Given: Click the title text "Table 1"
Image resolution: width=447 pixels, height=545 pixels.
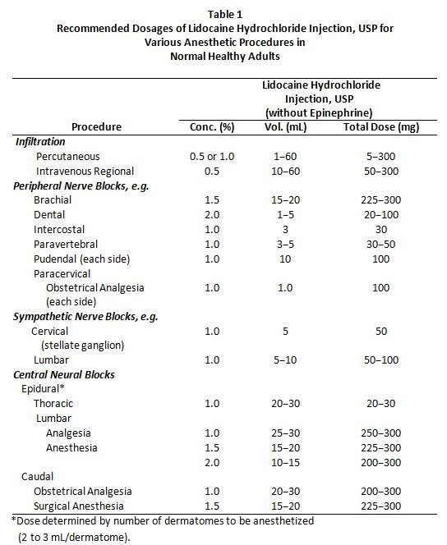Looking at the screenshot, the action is [x=225, y=14].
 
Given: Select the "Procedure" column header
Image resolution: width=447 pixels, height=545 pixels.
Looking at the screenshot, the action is [x=96, y=127].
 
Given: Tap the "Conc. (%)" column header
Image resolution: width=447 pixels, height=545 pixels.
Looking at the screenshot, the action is [x=212, y=127].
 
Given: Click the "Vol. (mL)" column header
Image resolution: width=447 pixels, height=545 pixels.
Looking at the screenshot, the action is [x=285, y=127].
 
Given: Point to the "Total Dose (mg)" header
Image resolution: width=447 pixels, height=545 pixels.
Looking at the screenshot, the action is [x=381, y=127].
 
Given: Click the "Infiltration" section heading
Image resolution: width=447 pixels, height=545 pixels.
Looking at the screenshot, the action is [x=40, y=142].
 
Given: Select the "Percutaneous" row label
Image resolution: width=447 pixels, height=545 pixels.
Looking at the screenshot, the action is [x=68, y=157].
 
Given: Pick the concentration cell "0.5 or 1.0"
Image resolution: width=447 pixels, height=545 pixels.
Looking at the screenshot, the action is [x=212, y=157].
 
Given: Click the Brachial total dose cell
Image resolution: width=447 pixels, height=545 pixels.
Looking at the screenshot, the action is [x=381, y=199].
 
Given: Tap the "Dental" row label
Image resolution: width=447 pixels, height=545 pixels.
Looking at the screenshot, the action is [x=49, y=214].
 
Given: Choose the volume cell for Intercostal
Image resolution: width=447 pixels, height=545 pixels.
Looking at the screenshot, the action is [x=285, y=229].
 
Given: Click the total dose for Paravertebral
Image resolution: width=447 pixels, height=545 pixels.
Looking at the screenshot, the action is [x=381, y=245].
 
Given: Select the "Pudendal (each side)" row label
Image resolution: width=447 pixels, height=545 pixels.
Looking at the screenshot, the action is [x=81, y=259].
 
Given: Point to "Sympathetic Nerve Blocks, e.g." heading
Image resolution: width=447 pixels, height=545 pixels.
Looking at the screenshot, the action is [x=85, y=317].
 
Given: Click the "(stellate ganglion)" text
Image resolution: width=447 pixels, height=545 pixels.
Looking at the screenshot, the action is [x=83, y=346].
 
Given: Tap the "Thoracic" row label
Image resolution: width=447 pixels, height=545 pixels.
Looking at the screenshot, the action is [x=53, y=404].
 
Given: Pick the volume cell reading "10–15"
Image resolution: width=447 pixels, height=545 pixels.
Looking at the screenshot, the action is [x=285, y=463].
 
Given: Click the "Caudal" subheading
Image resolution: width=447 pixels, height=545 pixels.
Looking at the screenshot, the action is [x=38, y=477].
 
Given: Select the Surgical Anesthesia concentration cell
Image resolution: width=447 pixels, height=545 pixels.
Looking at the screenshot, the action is [x=212, y=506].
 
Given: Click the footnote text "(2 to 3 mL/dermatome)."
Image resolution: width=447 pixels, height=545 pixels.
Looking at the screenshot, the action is [x=74, y=538].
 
